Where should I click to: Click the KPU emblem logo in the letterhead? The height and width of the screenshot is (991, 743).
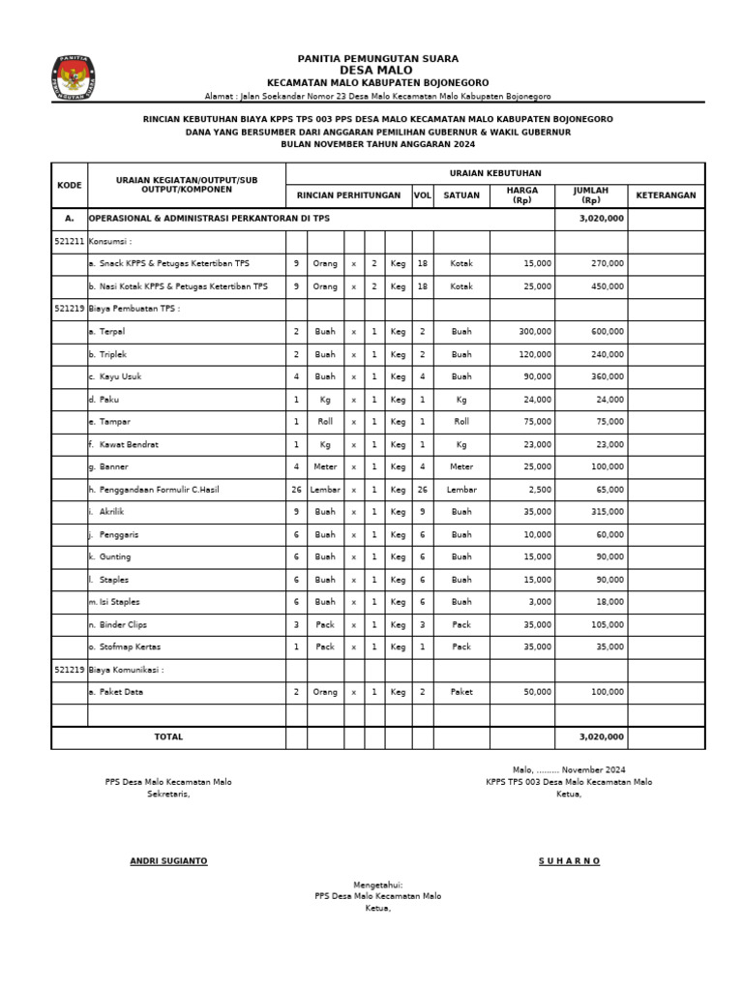click(x=73, y=77)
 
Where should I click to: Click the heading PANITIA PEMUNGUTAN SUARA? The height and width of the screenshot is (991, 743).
click(x=378, y=59)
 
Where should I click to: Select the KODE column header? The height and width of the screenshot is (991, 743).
click(x=70, y=184)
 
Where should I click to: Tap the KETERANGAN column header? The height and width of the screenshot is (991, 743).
click(x=666, y=195)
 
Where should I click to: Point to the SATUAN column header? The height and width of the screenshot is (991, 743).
click(x=461, y=195)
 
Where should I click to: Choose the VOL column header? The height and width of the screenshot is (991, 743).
click(x=423, y=195)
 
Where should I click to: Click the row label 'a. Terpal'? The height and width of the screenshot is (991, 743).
click(x=100, y=331)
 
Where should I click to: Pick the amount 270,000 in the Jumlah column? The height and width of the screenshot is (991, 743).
click(x=609, y=263)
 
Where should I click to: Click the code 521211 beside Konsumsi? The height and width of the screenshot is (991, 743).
click(x=70, y=240)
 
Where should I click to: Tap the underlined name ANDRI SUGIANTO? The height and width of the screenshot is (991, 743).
click(x=168, y=861)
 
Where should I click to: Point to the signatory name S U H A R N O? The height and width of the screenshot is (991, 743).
click(x=569, y=861)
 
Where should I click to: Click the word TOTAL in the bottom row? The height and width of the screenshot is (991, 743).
click(x=168, y=736)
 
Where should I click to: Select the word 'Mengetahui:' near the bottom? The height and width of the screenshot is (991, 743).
click(x=377, y=885)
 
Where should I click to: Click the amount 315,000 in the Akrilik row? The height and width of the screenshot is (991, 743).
click(x=609, y=512)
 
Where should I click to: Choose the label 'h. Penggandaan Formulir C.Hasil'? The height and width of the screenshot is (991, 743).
click(x=153, y=490)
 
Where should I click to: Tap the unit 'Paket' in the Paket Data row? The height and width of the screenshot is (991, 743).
click(x=461, y=692)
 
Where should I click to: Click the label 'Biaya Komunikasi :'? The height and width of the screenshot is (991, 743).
click(x=125, y=670)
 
